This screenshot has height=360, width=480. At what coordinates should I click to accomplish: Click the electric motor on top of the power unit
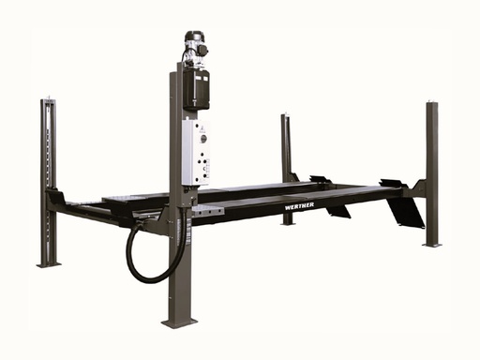click(193, 47)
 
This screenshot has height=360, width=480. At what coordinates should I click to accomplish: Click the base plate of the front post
click(179, 322)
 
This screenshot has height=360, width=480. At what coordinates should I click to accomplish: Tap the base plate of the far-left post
click(49, 263)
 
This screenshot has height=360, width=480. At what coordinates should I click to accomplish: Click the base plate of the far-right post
click(432, 244)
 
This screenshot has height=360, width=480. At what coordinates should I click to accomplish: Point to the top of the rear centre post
click(285, 116)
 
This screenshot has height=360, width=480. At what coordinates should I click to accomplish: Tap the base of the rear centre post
click(288, 223)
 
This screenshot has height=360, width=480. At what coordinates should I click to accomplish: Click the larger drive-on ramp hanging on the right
click(405, 211)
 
